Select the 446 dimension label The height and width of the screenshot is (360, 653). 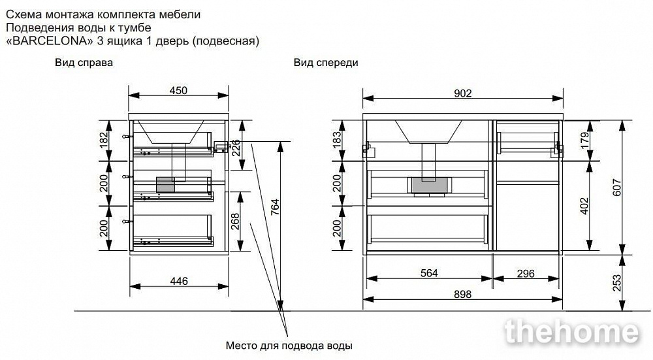click(x=179, y=281)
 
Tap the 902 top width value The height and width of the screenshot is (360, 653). click(x=462, y=93)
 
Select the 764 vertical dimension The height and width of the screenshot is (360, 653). click(x=276, y=207)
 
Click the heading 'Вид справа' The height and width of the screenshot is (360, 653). click(x=84, y=63)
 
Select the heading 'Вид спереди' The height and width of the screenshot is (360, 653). click(x=326, y=63)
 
